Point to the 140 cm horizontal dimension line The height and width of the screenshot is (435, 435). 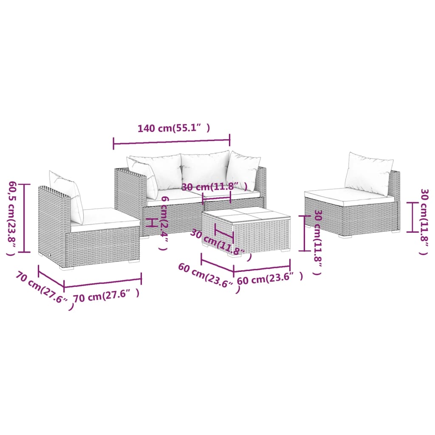[172, 141]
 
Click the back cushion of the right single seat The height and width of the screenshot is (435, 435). [368, 173]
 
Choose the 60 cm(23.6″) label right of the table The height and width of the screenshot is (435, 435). [270, 279]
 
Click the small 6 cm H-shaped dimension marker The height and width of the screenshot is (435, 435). [150, 222]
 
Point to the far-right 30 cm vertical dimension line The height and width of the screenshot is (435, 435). [411, 217]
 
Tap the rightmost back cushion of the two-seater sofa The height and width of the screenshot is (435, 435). [243, 170]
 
